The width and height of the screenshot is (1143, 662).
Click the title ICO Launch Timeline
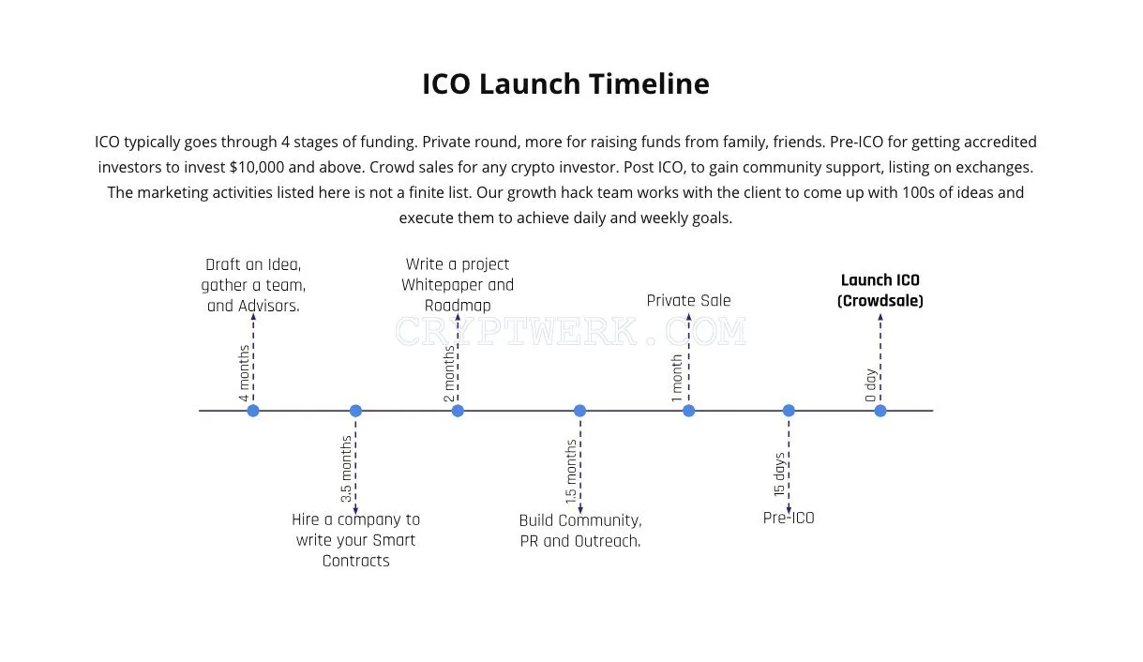tap(566, 83)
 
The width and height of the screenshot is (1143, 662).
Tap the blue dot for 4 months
tap(253, 411)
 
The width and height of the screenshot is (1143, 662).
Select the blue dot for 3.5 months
tap(355, 411)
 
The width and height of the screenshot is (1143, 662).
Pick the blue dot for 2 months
tap(458, 411)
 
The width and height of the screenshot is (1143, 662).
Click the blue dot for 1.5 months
tap(579, 411)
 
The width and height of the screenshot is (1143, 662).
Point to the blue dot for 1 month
tap(689, 411)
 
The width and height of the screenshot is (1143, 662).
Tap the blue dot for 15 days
tap(789, 411)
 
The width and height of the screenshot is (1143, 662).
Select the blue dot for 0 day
tap(880, 411)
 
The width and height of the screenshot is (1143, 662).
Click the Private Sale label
tap(688, 300)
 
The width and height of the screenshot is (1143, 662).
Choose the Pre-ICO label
tap(789, 518)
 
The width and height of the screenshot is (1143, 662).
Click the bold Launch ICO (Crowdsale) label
tap(880, 291)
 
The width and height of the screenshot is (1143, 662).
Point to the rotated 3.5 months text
tap(346, 469)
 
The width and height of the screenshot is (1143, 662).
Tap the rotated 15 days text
tap(779, 474)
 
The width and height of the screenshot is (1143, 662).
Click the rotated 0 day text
tap(870, 385)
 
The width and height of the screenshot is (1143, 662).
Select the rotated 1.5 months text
tap(570, 472)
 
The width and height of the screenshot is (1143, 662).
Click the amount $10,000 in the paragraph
tap(257, 168)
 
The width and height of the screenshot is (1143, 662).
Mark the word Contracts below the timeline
tap(355, 561)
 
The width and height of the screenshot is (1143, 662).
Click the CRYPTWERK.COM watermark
tap(570, 331)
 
